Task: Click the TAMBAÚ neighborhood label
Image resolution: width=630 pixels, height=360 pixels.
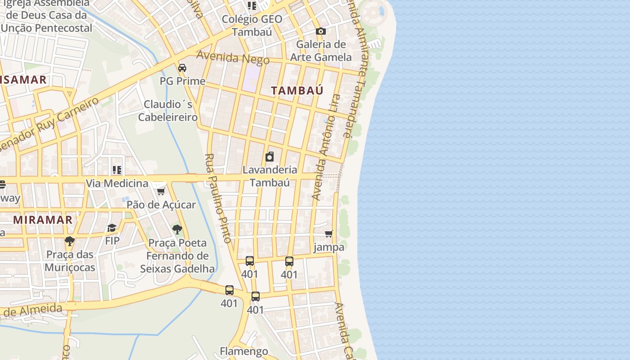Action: click(x=297, y=90)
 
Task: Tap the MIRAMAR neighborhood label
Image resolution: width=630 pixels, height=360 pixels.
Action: click(x=43, y=220)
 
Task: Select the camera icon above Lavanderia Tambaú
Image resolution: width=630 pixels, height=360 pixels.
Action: click(x=270, y=157)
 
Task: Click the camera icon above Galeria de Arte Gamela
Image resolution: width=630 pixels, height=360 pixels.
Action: click(x=320, y=31)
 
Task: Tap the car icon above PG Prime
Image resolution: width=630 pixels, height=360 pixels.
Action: click(x=182, y=68)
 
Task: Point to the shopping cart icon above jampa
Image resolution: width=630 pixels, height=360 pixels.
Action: click(x=329, y=234)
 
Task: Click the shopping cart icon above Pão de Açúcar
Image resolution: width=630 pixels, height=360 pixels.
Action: click(x=161, y=192)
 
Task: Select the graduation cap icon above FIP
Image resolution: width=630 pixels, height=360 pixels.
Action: click(x=112, y=228)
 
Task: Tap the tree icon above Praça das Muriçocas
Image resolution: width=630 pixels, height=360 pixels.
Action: click(x=69, y=241)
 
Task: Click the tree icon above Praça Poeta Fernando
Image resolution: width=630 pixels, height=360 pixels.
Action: click(x=177, y=229)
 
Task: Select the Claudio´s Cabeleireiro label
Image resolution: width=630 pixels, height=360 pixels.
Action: click(x=168, y=111)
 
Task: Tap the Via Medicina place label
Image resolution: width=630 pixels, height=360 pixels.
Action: click(x=117, y=183)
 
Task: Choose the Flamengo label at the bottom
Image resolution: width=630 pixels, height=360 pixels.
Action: click(x=244, y=351)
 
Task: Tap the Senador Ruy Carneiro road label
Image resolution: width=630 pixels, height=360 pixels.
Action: click(x=49, y=125)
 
